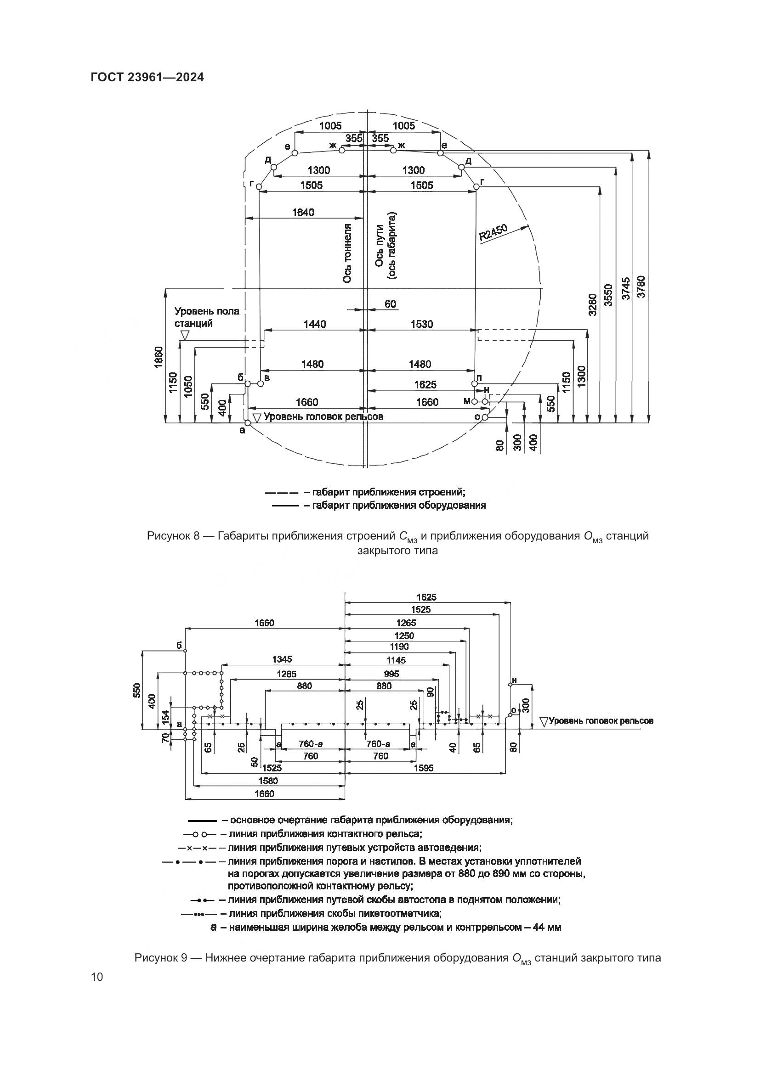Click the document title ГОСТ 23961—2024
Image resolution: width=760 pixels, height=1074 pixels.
pos(147,78)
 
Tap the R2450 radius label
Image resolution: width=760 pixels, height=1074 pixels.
pos(493,232)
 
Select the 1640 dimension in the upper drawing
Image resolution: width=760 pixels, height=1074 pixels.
pos(303,213)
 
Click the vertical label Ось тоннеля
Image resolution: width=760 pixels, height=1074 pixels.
pos(347,253)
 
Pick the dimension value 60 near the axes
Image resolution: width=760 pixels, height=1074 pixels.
pos(390,304)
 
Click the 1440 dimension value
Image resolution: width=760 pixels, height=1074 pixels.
pos(314,324)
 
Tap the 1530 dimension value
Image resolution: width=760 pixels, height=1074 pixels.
pos(422,324)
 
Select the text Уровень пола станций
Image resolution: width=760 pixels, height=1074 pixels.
pos(206,317)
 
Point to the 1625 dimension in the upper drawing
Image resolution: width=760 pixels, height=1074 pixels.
pos(425,384)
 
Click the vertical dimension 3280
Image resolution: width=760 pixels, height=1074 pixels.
pos(592,304)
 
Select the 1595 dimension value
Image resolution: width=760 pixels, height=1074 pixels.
pos(424,768)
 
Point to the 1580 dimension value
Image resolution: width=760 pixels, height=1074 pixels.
pos(268,781)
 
